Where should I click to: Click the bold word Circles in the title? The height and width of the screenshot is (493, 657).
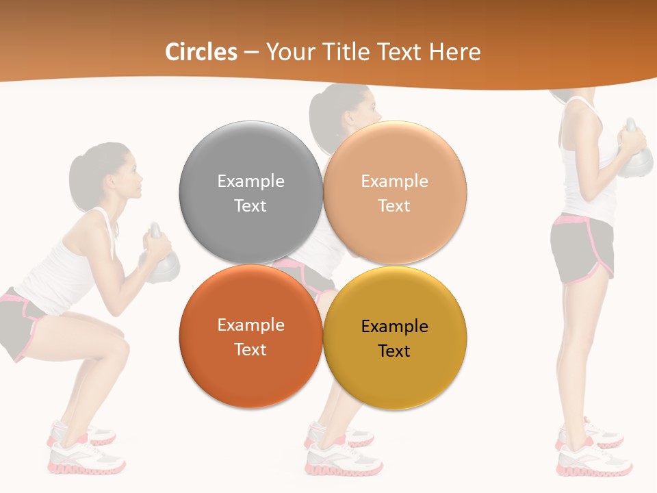(x=201, y=52)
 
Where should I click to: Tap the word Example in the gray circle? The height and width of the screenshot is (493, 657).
(x=250, y=181)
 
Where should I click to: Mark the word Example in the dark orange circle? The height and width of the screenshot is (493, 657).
(x=250, y=325)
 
